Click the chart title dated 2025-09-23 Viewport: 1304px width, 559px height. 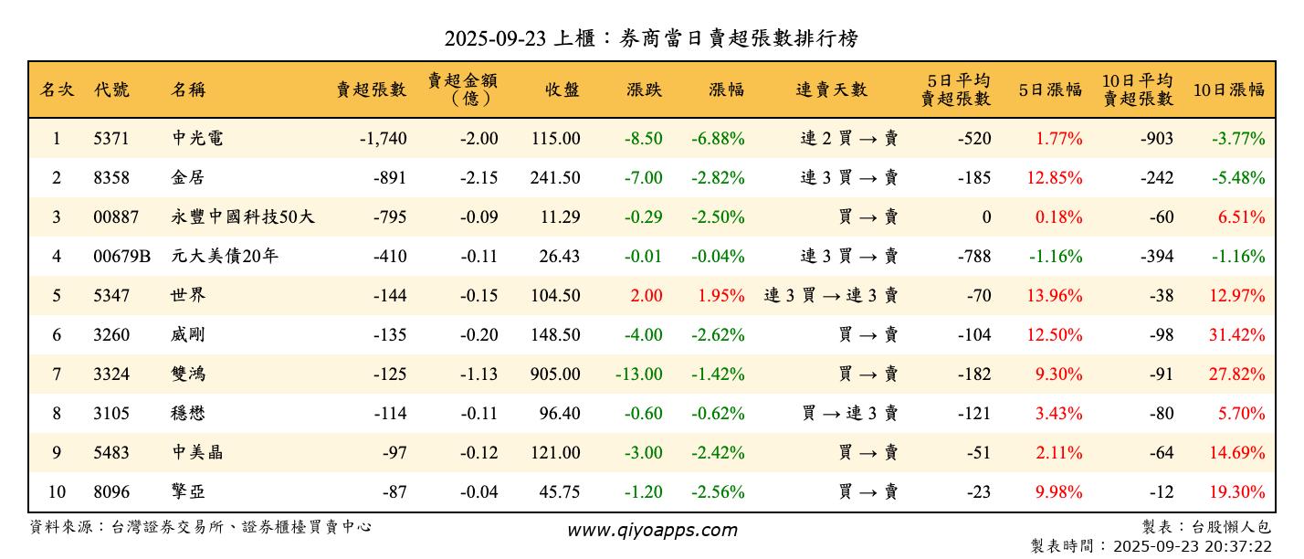pos(651,37)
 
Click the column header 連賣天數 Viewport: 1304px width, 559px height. pos(831,90)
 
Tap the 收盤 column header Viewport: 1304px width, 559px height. pos(562,90)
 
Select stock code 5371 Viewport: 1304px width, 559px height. pos(111,139)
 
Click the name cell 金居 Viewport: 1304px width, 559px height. pos(188,178)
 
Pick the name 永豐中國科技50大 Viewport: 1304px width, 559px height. pos(243,217)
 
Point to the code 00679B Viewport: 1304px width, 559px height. pos(121,257)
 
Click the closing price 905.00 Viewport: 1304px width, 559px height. pos(554,374)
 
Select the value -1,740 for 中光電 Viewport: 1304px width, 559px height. pos(383,139)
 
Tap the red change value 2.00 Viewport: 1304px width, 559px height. pos(647,296)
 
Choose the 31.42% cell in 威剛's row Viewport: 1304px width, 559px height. pos(1237,335)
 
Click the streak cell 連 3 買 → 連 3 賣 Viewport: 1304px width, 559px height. pos(831,296)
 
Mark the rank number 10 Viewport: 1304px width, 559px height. pos(57,492)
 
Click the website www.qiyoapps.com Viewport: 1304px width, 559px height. pos(652,531)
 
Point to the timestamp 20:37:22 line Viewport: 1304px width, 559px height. pos(1151,546)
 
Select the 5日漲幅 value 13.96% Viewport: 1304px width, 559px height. pos(1055,296)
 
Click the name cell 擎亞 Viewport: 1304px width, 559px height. pos(188,492)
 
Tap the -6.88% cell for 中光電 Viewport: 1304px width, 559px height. pos(718,139)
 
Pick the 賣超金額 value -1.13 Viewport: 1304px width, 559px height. pos(478,374)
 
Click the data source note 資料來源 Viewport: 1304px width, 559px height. pos(201,527)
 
